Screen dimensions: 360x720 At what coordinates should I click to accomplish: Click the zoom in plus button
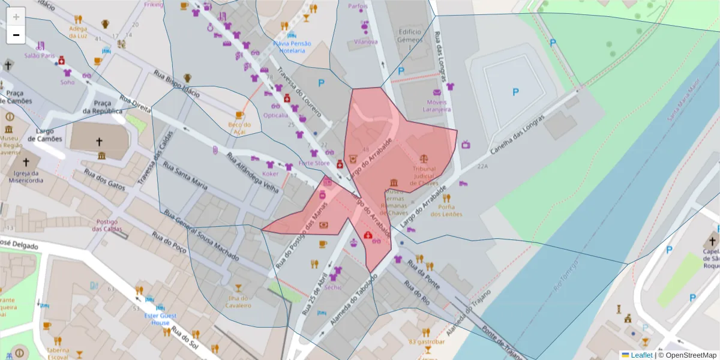16,17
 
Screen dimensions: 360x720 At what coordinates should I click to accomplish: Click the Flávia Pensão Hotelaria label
292,47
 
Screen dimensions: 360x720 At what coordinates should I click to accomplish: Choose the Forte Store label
314,163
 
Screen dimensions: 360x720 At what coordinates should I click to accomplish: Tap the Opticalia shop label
275,115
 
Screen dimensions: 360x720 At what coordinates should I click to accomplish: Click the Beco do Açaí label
239,128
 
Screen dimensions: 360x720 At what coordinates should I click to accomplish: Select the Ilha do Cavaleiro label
238,302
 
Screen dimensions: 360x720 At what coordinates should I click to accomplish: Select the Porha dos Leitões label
446,211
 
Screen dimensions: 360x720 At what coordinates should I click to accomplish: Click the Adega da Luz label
78,32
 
